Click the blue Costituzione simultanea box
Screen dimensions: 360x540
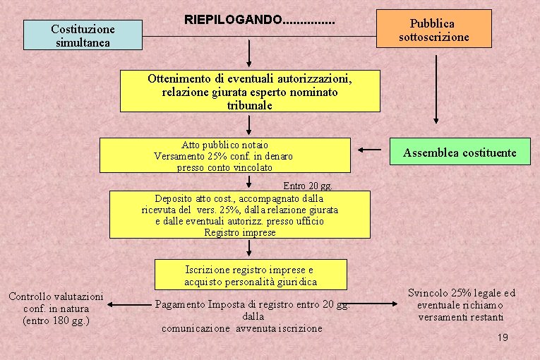point(83,35)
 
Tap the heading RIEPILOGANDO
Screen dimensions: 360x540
point(259,19)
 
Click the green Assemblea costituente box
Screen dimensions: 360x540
point(460,152)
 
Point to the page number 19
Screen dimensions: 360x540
point(503,338)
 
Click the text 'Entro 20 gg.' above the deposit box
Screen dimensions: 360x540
point(307,186)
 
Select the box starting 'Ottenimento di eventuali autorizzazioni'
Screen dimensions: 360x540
point(250,91)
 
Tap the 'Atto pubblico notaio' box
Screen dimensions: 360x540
point(224,155)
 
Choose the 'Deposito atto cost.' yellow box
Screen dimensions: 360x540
point(239,215)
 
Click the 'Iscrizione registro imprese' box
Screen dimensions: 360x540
point(250,275)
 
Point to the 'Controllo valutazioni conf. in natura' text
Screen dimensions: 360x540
point(56,308)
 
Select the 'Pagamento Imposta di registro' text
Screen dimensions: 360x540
point(252,316)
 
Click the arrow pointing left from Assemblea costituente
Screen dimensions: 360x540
point(369,150)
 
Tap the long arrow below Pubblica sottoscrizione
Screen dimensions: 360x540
point(435,88)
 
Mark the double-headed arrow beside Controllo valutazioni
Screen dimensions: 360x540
point(130,305)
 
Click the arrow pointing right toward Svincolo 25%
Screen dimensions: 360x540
point(377,304)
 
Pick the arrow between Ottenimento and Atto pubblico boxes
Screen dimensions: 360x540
point(249,125)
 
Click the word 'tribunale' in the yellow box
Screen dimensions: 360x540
point(250,105)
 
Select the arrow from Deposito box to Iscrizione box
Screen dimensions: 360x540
point(249,248)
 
